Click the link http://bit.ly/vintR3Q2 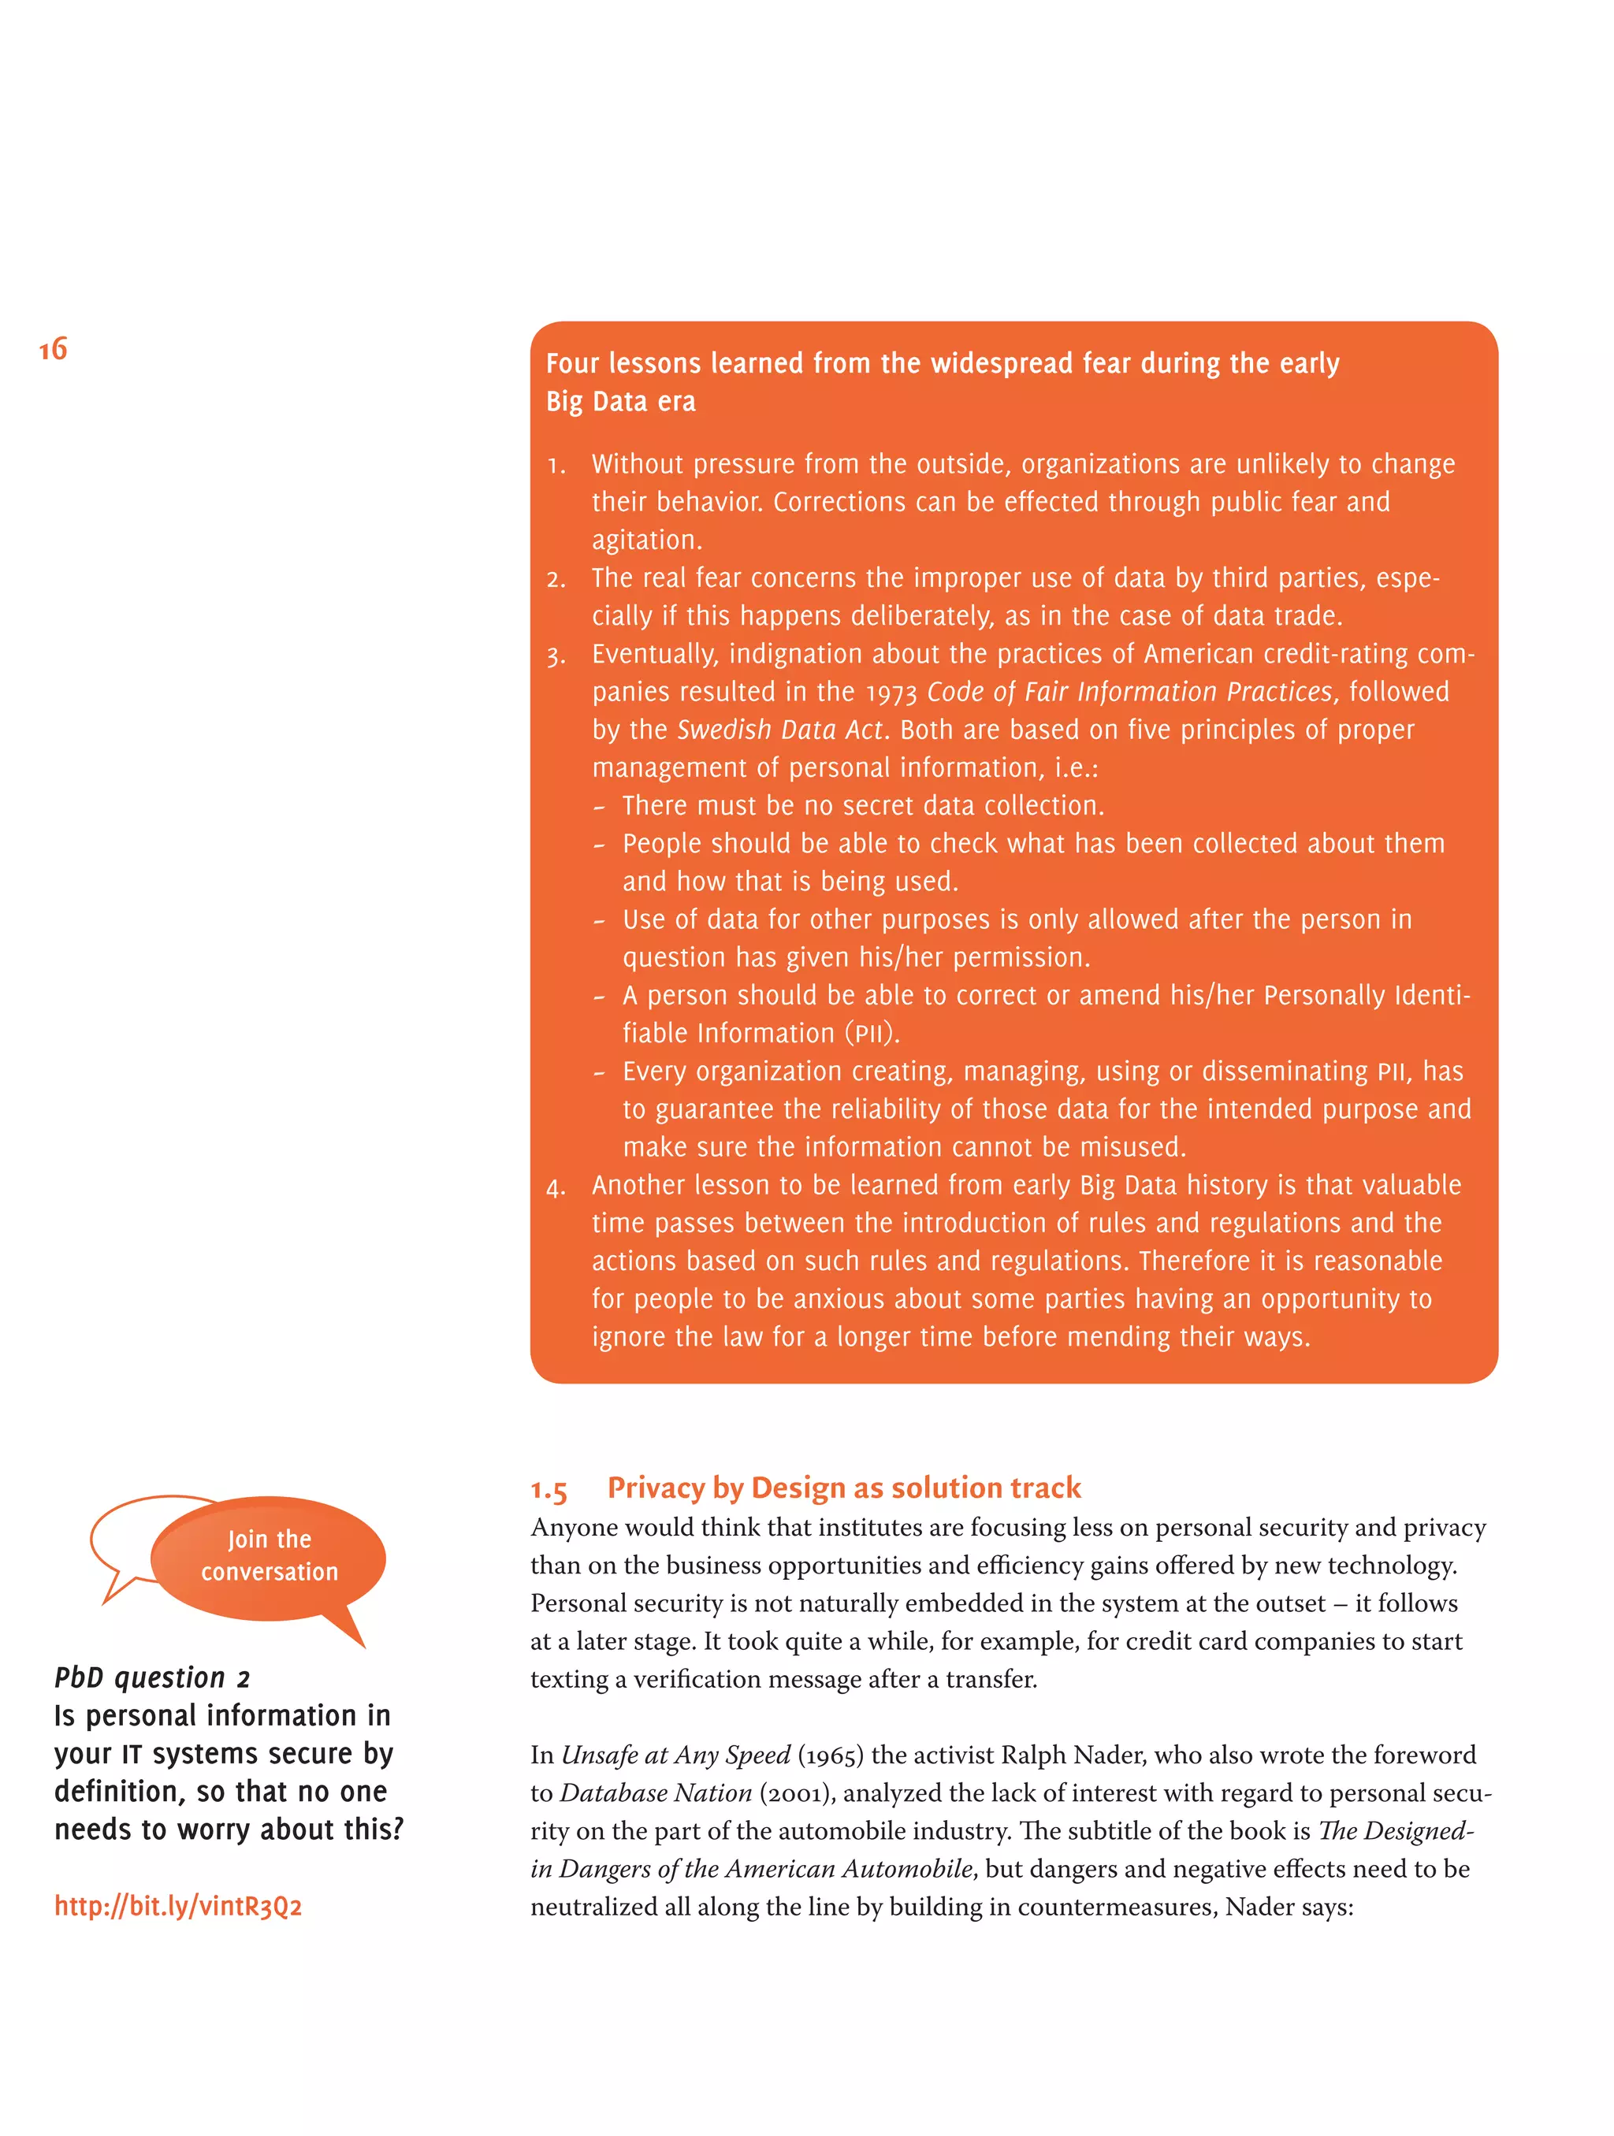178,1905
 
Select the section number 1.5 549,1489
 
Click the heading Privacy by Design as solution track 843,1487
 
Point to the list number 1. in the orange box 556,466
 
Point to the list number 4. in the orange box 556,1187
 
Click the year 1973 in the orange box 891,693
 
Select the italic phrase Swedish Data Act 779,730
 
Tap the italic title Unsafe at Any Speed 675,1755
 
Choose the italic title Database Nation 655,1793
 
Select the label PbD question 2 151,1677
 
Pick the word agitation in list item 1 645,541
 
